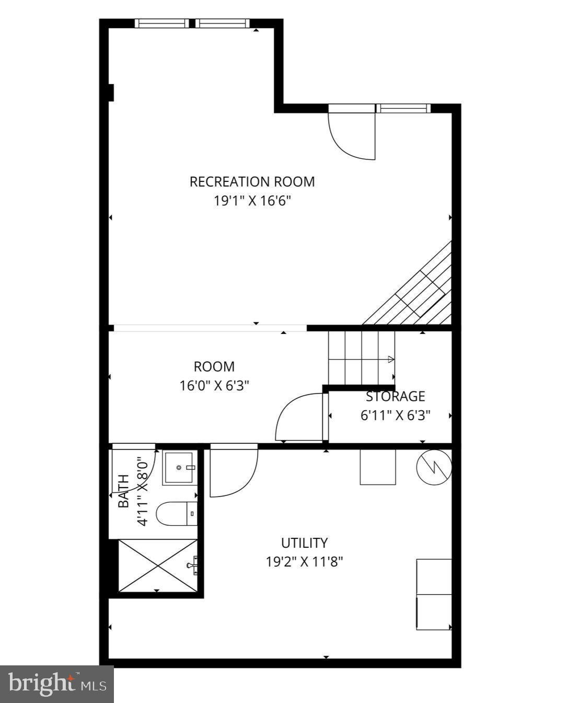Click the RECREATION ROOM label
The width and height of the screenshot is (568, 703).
252,182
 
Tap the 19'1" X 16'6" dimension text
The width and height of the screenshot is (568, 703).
252,201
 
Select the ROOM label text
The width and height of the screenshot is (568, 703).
214,366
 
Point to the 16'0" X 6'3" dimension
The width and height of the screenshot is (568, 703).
214,386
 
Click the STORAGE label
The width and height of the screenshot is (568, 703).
395,396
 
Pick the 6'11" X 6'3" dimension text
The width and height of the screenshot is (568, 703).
395,416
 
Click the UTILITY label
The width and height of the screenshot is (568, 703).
304,543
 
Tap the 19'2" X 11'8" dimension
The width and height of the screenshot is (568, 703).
304,562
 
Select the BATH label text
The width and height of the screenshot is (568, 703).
123,491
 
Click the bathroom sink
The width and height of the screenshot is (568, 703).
180,467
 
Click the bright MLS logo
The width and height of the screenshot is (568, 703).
57,684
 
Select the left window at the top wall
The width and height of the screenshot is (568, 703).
162,23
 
